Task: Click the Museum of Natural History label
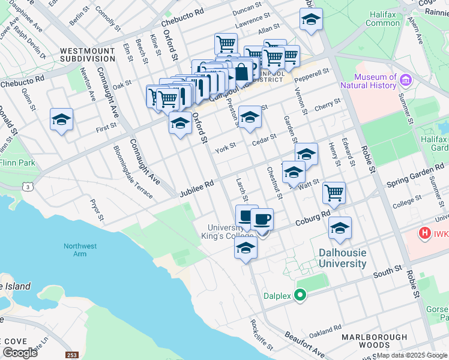[376, 81]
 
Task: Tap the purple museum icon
[405, 80]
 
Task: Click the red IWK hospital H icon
[425, 232]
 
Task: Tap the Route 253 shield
[72, 355]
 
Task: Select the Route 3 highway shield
[28, 187]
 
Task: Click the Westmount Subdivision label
[88, 55]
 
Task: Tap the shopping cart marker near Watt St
[334, 193]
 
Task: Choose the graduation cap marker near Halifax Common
[310, 20]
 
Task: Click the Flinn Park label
[17, 162]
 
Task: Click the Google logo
[20, 353]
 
